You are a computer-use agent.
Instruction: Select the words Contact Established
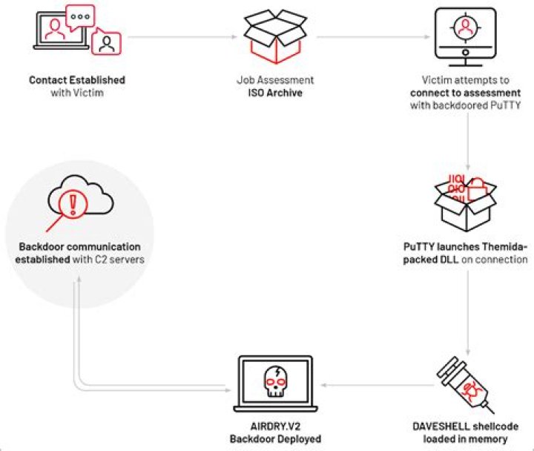coord(77,80)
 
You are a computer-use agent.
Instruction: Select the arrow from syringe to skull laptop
coord(371,386)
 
